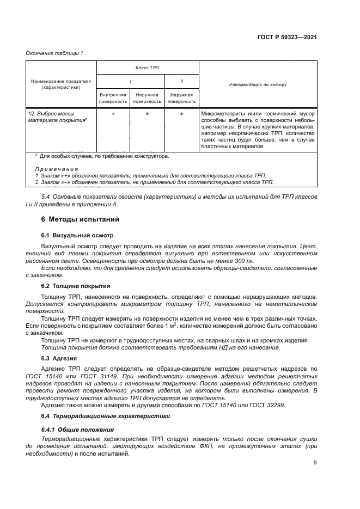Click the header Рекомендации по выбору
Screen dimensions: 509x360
pyautogui.click(x=258, y=84)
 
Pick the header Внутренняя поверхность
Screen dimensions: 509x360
pyautogui.click(x=113, y=97)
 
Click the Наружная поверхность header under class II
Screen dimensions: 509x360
pyautogui.click(x=181, y=97)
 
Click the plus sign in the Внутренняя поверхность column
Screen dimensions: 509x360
pyautogui.click(x=113, y=114)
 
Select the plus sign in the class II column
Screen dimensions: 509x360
pyautogui.click(x=181, y=114)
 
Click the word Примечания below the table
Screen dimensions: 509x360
pyautogui.click(x=56, y=169)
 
